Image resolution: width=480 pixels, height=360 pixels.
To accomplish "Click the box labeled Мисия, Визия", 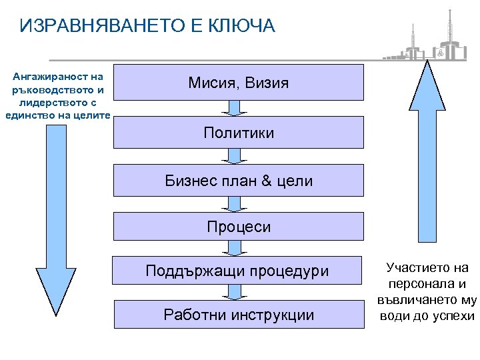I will point(239,83).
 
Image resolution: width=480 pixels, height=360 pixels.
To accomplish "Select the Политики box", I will point(239,133).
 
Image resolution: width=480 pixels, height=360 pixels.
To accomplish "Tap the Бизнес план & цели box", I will point(239,181).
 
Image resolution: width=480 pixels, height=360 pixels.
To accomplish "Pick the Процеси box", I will point(239,227).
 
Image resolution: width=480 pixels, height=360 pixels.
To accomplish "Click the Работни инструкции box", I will point(239,315).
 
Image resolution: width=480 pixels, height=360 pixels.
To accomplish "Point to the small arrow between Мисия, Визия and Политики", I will point(234,108).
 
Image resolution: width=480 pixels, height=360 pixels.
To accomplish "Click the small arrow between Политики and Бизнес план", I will point(234,156).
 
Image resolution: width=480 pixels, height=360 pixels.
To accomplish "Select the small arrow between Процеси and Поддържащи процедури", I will point(234,248).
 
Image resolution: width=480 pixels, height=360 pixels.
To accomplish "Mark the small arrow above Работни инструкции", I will point(234,293).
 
